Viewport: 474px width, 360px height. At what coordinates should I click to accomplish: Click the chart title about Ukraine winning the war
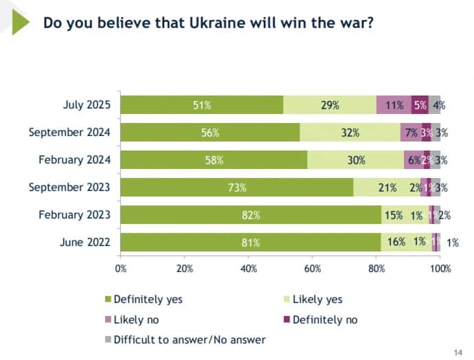208,23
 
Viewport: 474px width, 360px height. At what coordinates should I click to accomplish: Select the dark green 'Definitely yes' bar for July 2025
202,105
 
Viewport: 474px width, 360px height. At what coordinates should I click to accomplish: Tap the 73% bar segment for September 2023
237,188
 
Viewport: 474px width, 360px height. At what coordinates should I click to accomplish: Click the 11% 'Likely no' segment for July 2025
394,105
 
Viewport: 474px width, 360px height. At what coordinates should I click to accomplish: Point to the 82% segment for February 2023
251,215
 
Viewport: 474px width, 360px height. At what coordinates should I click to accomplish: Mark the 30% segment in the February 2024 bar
355,160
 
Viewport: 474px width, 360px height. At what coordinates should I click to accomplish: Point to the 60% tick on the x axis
313,269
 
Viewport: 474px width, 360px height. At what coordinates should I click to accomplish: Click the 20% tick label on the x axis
185,269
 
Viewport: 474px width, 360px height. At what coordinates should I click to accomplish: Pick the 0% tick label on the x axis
121,269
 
